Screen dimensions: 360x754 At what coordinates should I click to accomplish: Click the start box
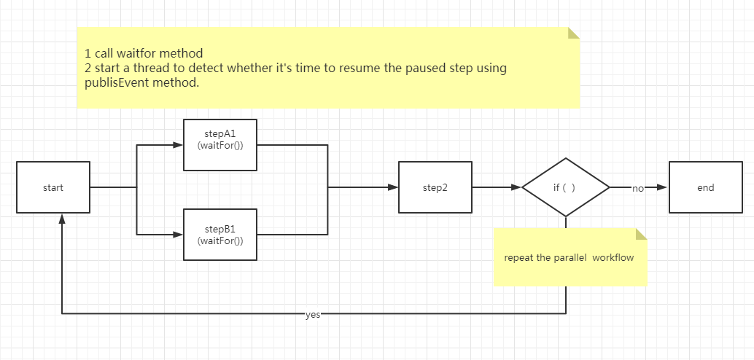pyautogui.click(x=53, y=187)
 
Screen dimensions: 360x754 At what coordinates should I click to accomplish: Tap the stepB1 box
pyautogui.click(x=220, y=235)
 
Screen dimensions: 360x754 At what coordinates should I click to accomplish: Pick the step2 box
pyautogui.click(x=435, y=187)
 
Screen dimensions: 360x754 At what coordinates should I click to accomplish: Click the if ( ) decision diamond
pyautogui.click(x=565, y=187)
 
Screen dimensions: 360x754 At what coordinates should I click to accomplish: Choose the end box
pyautogui.click(x=705, y=187)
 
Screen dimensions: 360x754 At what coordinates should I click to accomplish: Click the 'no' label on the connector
pyautogui.click(x=638, y=188)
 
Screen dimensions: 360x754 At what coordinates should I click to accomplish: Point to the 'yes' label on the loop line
pyautogui.click(x=313, y=315)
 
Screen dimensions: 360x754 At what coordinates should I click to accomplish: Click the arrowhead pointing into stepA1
pyautogui.click(x=177, y=144)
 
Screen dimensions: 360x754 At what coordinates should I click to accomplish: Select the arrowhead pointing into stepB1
pyautogui.click(x=177, y=235)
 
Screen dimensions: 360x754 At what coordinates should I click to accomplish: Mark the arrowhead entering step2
pyautogui.click(x=393, y=187)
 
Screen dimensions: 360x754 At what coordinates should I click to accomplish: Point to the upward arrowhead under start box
pyautogui.click(x=62, y=219)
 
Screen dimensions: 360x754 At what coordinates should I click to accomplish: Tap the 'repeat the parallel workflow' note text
pyautogui.click(x=570, y=258)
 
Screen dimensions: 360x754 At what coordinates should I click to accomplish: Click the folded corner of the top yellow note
pyautogui.click(x=574, y=33)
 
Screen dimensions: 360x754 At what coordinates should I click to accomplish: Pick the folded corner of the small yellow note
pyautogui.click(x=641, y=234)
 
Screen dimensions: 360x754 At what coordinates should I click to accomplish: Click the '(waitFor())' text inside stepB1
pyautogui.click(x=220, y=240)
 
